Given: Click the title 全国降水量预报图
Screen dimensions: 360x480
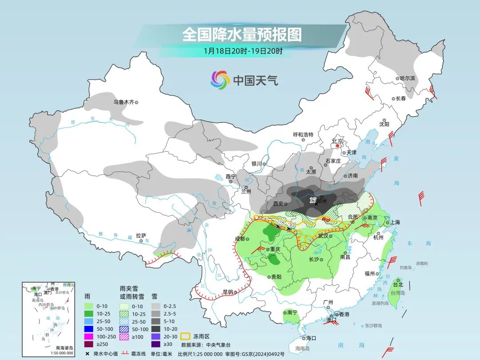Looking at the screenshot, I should (242, 34).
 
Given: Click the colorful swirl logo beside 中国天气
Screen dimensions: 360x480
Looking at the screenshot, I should (220, 80).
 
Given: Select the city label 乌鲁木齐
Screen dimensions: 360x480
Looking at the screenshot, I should (123, 102).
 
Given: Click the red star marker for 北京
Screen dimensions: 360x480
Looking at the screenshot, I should (338, 145).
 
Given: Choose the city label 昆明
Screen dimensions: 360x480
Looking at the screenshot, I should (228, 292).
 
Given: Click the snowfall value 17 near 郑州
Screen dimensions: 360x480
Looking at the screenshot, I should (313, 200).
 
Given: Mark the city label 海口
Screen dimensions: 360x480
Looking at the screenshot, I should (311, 338).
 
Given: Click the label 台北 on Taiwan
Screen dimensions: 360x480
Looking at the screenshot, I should (397, 284).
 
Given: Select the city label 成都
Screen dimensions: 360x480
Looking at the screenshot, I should (239, 239).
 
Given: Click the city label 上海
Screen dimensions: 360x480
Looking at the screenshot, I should (395, 223).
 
